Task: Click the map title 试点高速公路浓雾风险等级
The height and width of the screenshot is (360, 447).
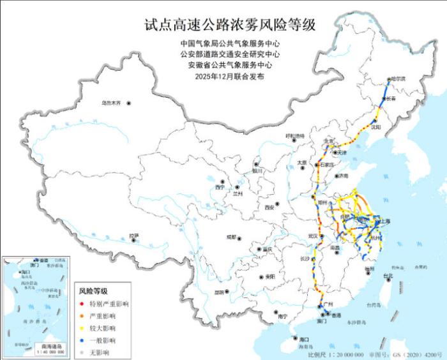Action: tap(230, 25)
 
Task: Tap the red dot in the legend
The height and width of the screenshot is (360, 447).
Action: tap(81, 304)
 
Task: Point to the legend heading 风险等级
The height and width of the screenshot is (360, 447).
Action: tap(93, 291)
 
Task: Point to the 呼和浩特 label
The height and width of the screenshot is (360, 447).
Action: tap(295, 136)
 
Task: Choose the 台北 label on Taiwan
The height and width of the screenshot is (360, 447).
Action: tap(388, 276)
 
